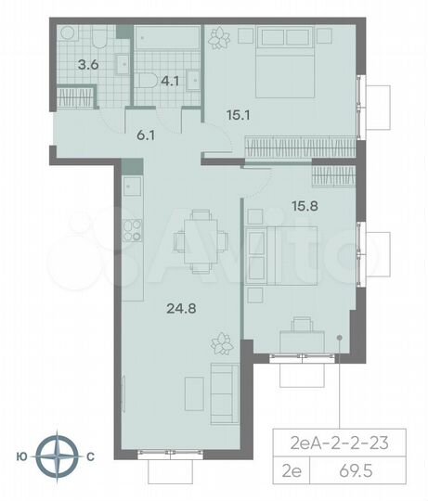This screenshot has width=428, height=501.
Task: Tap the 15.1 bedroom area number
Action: tap(240, 118)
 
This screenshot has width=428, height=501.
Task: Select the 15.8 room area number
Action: tap(279, 208)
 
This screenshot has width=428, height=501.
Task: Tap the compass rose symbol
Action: tap(62, 456)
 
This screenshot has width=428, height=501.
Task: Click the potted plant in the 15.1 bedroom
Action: tap(221, 38)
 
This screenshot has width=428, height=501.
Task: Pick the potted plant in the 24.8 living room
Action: tap(222, 343)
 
